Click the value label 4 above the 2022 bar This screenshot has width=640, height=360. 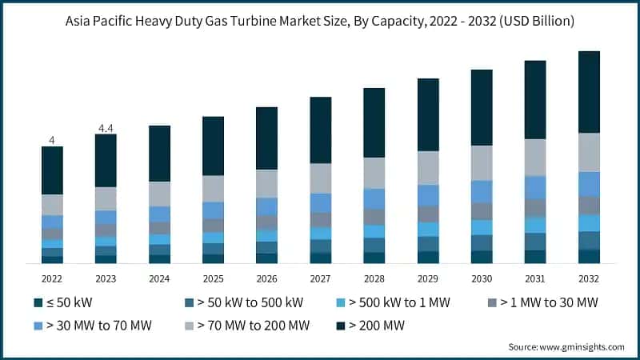[x=52, y=140]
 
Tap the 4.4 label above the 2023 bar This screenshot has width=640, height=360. [x=106, y=128]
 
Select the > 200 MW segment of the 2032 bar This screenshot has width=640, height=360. [x=589, y=92]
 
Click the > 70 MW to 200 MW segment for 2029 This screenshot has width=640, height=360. [x=428, y=168]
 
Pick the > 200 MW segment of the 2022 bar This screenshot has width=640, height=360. [x=52, y=170]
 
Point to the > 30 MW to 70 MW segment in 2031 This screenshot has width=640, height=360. [x=535, y=187]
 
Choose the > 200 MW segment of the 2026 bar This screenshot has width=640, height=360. [x=267, y=138]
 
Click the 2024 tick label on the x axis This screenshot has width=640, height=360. [x=159, y=279]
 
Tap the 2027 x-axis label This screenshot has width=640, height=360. [x=321, y=279]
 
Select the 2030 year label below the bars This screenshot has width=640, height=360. [x=482, y=279]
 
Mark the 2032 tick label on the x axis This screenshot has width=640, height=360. [x=589, y=279]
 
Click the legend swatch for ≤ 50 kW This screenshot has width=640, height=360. [x=38, y=302]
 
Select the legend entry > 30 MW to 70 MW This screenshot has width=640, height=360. [x=92, y=326]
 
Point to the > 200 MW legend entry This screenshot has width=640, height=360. [x=376, y=326]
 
